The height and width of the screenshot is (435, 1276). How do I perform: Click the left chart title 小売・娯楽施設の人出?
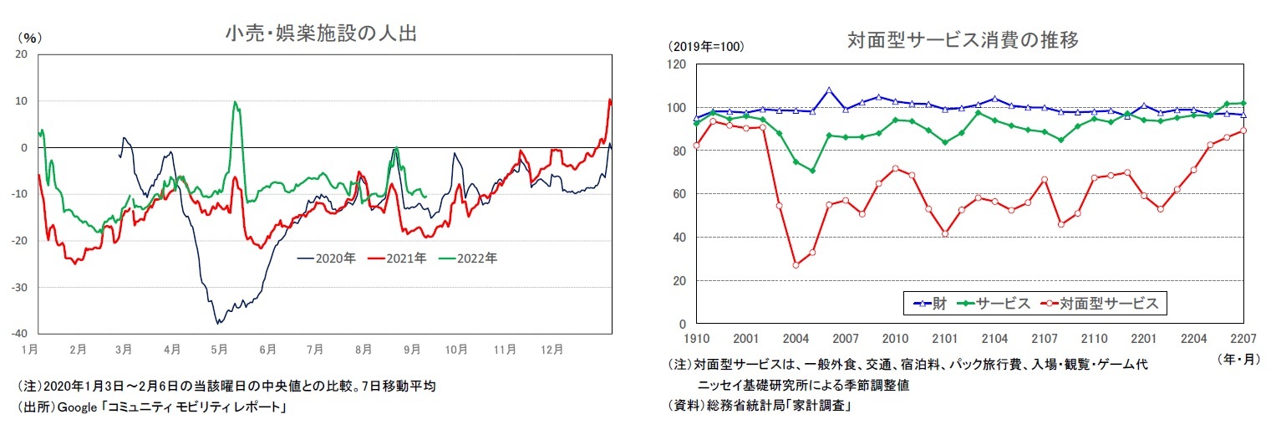[320, 34]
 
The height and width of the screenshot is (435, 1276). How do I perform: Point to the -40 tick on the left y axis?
[20, 333]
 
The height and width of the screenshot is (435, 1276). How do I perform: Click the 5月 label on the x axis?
[219, 347]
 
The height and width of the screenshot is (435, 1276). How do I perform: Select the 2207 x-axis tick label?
[1244, 339]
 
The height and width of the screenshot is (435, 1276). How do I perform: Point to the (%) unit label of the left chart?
[29, 37]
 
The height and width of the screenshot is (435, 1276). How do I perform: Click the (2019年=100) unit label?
[704, 45]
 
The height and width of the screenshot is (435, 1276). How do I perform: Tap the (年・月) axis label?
[1238, 358]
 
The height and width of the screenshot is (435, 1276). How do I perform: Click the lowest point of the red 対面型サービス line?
[796, 265]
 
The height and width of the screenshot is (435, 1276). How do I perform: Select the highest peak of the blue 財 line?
[829, 90]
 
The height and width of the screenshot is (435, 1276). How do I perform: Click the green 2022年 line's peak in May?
[235, 102]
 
